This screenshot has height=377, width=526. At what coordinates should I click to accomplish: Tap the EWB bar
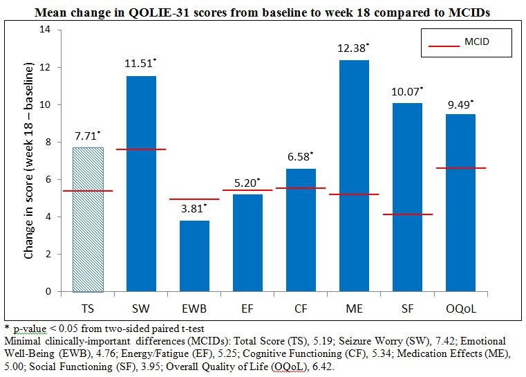click(x=194, y=256)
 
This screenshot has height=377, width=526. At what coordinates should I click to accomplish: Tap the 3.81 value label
click(x=193, y=210)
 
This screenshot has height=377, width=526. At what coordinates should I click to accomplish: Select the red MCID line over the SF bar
click(x=406, y=214)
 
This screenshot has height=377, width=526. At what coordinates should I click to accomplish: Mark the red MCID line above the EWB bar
click(x=194, y=199)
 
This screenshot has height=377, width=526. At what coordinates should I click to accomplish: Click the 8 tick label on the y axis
click(x=48, y=142)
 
